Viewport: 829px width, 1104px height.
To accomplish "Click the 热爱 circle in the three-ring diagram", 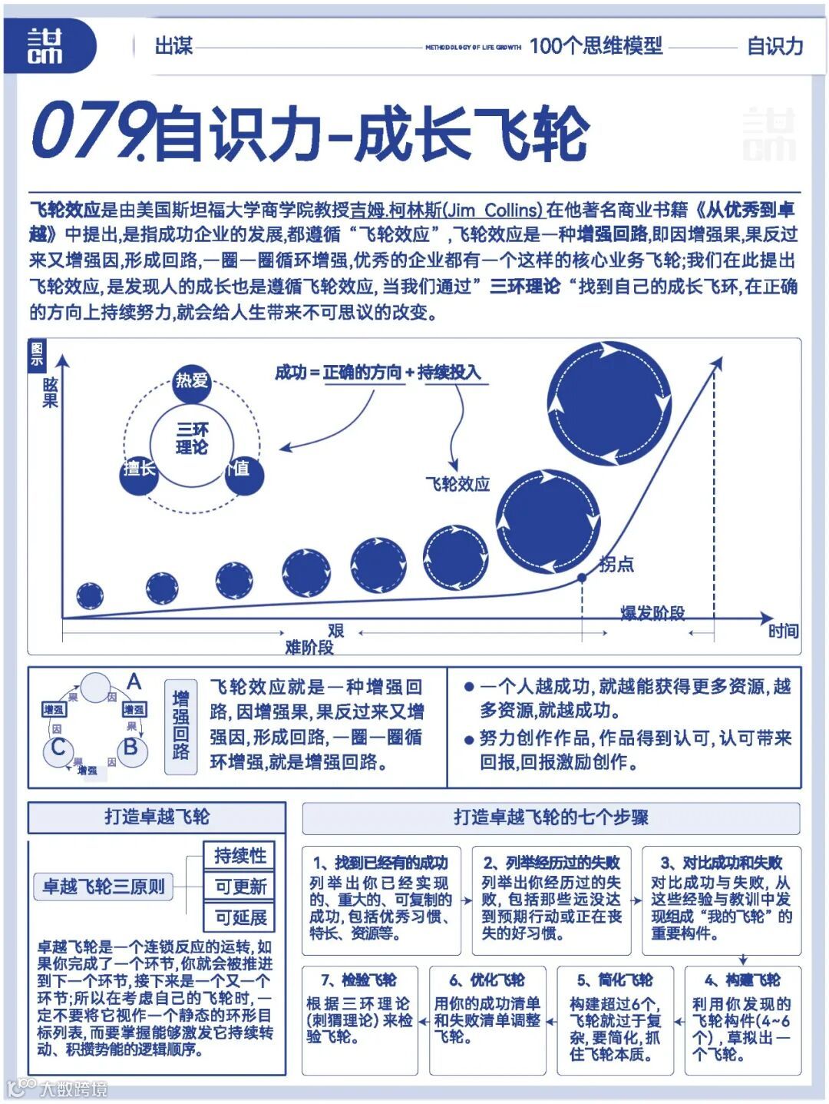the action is tap(192, 380).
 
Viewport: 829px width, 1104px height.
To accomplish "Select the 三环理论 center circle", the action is tap(191, 439).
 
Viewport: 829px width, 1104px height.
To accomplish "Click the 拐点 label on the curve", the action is tap(616, 565).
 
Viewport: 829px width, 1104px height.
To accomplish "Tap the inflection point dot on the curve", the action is tap(582, 578).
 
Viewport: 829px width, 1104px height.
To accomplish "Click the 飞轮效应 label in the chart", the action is tap(457, 484).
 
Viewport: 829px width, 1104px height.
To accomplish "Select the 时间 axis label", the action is tap(783, 632).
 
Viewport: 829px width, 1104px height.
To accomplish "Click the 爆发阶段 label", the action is tap(652, 613).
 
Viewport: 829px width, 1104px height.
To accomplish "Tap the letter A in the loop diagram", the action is tap(134, 681).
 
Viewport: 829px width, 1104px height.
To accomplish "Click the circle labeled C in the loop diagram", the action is tap(58, 748).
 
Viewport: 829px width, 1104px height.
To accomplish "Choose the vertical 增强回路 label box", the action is tap(181, 725).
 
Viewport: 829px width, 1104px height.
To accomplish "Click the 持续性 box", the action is tap(240, 856).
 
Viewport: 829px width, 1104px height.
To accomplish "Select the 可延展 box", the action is tap(240, 917).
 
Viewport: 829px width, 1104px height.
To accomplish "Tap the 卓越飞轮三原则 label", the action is tap(103, 887).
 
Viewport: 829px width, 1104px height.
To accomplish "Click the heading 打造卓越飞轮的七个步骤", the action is tap(550, 817).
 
